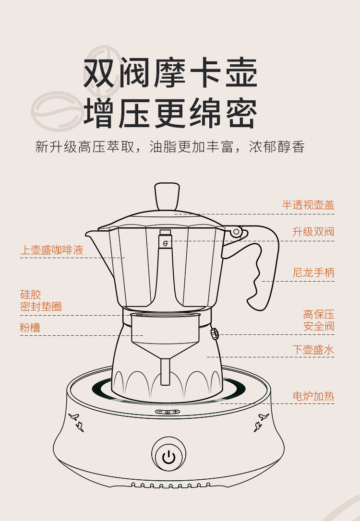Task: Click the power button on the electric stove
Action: pos(168,457)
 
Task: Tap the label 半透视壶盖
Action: pos(308,205)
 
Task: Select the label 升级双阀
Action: pos(313,232)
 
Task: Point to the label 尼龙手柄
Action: pos(313,272)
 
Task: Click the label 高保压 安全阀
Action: pos(319,320)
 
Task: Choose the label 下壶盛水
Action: pos(313,350)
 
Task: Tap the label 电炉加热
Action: pos(313,396)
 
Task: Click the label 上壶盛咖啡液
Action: pos(52,250)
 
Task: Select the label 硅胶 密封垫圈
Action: pos(41,301)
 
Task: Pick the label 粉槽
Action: pos(30,328)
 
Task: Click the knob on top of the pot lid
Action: pos(167,195)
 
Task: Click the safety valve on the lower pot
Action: pos(214,333)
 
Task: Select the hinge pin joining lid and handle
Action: pos(236,233)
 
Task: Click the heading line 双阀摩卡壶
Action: pos(171,73)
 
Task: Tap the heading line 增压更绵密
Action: pos(171,114)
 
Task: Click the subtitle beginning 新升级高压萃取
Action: pos(170,147)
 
